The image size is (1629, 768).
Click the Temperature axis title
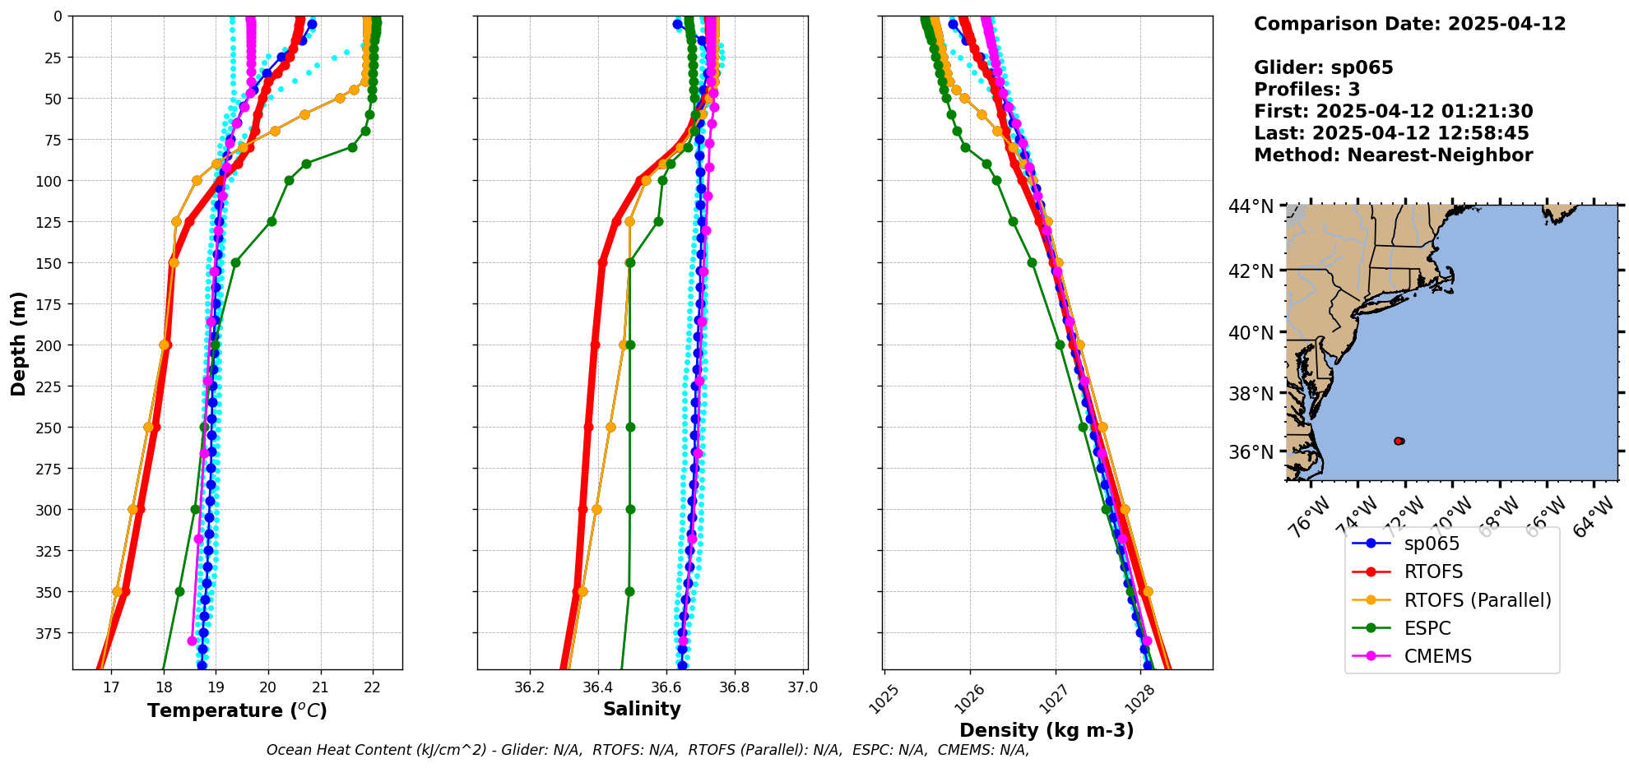pos(237,710)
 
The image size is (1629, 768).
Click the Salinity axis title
pos(642,709)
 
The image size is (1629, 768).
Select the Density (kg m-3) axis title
pos(1047,730)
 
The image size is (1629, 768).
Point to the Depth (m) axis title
pos(18,343)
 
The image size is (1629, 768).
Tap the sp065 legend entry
pos(1432,544)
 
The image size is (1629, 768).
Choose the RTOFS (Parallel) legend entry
pos(1478,600)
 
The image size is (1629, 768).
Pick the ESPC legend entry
pos(1427,628)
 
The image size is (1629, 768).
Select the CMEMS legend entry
pos(1437,656)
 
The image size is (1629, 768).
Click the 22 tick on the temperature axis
pos(372,687)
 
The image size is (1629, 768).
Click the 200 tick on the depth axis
pos(51,345)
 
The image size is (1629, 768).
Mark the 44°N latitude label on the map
pos(1251,206)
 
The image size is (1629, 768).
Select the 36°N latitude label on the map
pos(1251,452)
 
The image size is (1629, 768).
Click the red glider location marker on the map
pos(1399,442)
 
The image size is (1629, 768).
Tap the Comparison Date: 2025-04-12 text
pos(1409,24)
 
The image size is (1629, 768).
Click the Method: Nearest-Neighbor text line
pos(1393,155)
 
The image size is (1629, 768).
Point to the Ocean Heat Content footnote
pos(647,750)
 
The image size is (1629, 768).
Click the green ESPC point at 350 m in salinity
pos(629,591)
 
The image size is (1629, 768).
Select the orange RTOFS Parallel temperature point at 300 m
pos(132,509)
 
